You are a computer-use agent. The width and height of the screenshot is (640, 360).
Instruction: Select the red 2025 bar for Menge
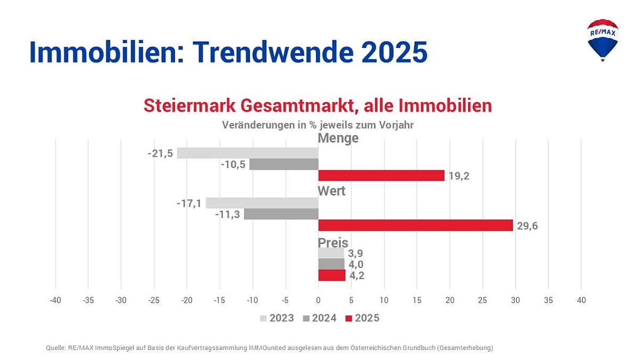coord(381,175)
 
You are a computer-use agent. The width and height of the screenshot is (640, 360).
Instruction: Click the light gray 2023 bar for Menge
coord(247,153)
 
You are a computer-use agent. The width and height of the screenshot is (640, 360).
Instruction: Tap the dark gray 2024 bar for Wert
coord(281,214)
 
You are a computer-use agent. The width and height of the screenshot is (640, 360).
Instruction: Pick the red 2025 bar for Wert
coord(415,225)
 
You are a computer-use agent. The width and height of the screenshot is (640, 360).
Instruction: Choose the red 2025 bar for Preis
coord(331,275)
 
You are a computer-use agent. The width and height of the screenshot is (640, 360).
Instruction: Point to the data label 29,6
coord(527,226)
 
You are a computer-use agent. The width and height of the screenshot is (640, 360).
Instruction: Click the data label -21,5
coord(160,154)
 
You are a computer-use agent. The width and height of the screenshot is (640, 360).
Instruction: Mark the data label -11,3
coord(228,215)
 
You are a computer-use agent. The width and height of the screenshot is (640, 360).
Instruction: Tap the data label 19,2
coord(459,176)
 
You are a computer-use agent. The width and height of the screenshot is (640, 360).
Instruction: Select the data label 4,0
coord(356,264)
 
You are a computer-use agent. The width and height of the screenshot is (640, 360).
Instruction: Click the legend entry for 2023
coord(277,319)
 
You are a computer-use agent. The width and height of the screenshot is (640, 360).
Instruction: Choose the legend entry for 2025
coord(362,319)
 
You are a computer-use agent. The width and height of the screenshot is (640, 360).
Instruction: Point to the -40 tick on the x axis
coord(55,300)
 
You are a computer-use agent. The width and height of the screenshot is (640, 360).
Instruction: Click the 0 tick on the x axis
coord(318,300)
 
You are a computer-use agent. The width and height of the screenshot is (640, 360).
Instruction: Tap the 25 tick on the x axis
coord(483,300)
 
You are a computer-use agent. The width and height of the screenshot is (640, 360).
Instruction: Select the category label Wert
coord(331,191)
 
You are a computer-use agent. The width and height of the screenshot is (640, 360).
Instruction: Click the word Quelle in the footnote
coord(56,348)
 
